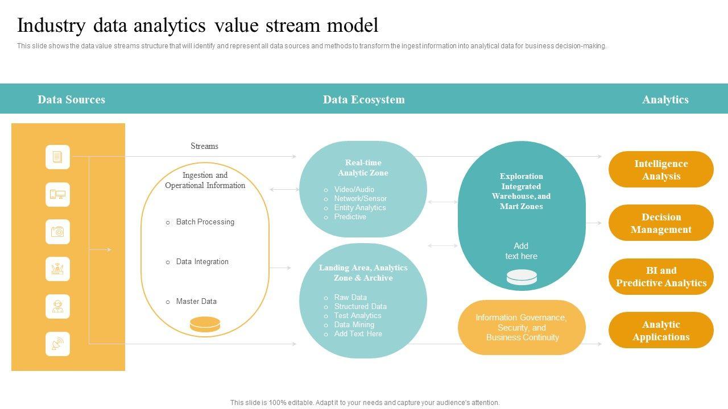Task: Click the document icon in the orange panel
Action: (x=57, y=157)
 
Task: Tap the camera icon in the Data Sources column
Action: (x=57, y=232)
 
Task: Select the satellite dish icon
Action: (x=57, y=344)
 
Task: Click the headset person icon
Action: (x=57, y=306)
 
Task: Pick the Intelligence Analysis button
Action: (x=661, y=169)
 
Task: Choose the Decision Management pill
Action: (x=661, y=223)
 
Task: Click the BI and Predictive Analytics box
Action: (x=661, y=277)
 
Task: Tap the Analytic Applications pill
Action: (x=661, y=330)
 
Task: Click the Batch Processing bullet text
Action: (x=205, y=222)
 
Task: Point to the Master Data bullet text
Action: (x=196, y=301)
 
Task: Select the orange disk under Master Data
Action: (x=205, y=324)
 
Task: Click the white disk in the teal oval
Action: (x=522, y=277)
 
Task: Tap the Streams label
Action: (x=204, y=146)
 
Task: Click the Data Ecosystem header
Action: (x=364, y=99)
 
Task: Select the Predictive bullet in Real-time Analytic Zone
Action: (x=350, y=217)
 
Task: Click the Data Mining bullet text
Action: (x=354, y=324)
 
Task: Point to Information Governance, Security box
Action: (x=522, y=327)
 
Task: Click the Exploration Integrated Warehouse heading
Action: (x=522, y=191)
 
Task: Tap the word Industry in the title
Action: (x=51, y=26)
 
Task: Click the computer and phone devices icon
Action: (x=57, y=194)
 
